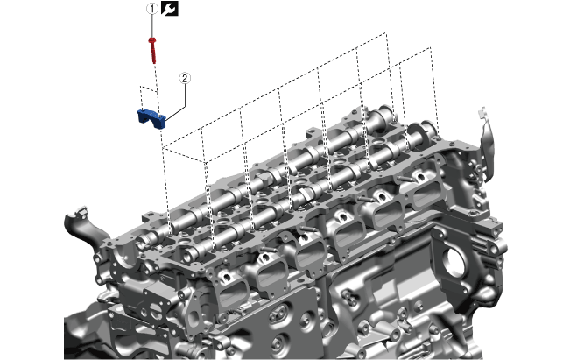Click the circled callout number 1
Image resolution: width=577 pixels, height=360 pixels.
pos(152,9)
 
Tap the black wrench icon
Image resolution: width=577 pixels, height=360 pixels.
pos(170,8)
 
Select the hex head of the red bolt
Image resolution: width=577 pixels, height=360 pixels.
pos(152,40)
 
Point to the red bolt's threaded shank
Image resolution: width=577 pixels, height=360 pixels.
pos(153,53)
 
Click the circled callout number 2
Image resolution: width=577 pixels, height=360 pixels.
pos(185,78)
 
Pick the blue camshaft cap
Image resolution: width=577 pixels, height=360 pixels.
pos(151,118)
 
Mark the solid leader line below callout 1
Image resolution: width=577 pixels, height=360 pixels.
pos(152,25)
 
